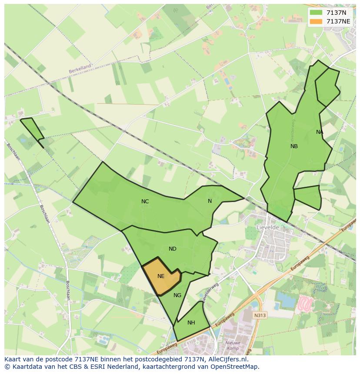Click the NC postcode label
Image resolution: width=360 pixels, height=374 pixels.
click(145, 202)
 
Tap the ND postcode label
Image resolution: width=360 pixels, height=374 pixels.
click(173, 249)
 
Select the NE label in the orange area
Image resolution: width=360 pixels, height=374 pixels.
click(161, 276)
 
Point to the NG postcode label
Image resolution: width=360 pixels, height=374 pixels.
click(177, 295)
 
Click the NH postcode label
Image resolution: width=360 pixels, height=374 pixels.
click(191, 323)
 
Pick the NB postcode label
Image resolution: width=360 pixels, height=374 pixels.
click(294, 146)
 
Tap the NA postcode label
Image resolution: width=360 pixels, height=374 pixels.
click(320, 132)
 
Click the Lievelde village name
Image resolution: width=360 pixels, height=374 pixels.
click(268, 227)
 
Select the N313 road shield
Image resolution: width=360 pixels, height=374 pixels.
click(260, 315)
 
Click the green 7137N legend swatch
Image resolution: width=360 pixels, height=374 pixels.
click(316, 13)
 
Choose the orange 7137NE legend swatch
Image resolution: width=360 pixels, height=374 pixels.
click(316, 21)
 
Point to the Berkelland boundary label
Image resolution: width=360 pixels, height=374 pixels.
click(80, 69)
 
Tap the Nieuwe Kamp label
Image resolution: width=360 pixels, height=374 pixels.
click(233, 346)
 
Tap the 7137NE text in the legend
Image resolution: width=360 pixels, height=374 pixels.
click(338, 21)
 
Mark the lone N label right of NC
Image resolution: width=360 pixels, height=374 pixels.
click(210, 201)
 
